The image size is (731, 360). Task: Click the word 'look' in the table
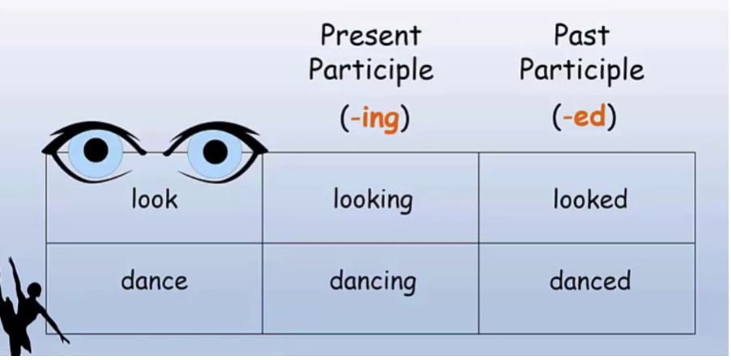coord(154,199)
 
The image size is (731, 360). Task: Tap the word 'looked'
coord(590,199)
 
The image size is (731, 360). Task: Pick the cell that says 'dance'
coord(154,281)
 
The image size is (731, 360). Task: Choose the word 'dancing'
coord(373,282)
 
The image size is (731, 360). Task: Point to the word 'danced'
coord(590,281)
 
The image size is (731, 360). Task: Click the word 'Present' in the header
coord(371,36)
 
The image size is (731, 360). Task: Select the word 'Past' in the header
coord(581,36)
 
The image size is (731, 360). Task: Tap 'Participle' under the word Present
coord(371,71)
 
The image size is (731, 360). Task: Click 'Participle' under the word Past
coord(582,71)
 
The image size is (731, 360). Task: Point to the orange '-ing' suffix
coord(374,118)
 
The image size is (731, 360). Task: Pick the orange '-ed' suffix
coord(584,118)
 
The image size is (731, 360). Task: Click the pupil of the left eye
coord(96,150)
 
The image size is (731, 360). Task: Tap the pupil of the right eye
coord(215,151)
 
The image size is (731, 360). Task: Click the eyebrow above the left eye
coord(89,131)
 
